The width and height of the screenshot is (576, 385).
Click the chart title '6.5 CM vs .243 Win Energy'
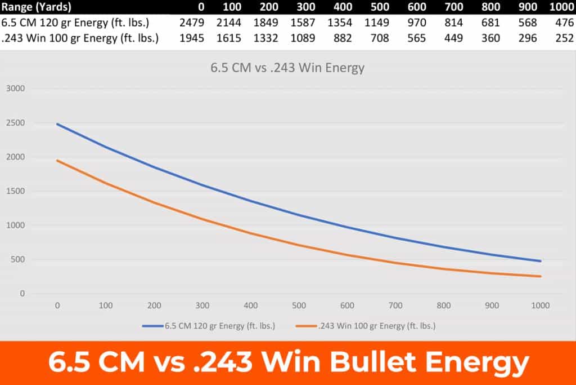tap(287, 68)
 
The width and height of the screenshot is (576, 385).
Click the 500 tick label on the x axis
tap(299, 306)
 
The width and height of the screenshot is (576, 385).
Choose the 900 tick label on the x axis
tap(492, 306)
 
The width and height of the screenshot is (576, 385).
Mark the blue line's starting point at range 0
tap(57, 124)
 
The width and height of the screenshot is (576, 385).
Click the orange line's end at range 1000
tap(541, 276)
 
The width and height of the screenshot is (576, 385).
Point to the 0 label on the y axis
tap(22, 294)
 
